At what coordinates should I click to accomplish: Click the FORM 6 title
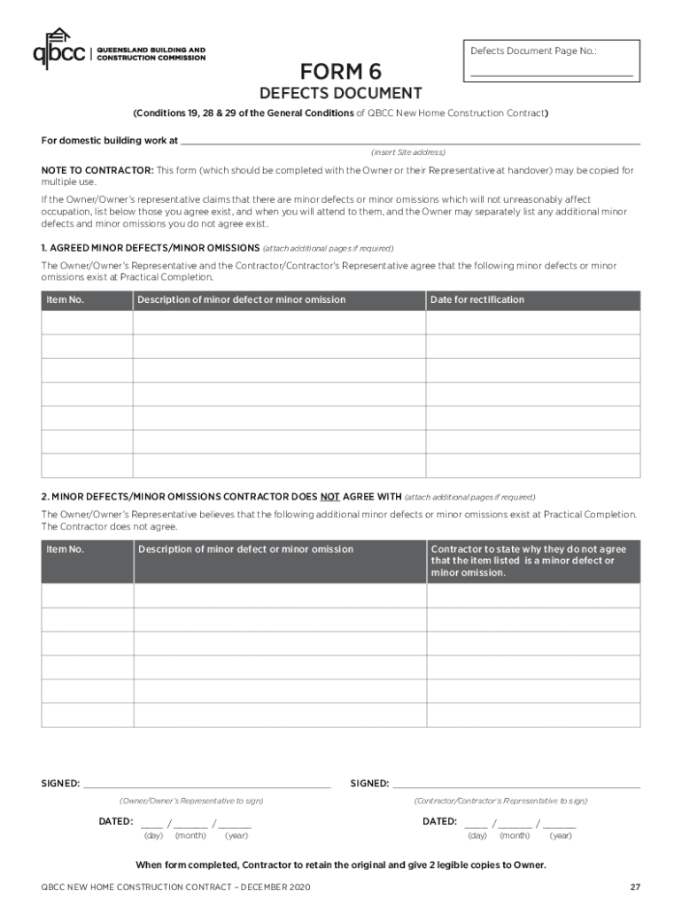(340, 71)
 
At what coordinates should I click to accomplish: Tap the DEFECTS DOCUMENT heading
(340, 94)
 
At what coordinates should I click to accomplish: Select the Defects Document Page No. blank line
(551, 75)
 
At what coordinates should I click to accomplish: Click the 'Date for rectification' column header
(477, 299)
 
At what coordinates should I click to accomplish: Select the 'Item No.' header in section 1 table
(65, 299)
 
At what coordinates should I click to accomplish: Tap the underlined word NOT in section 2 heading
(330, 497)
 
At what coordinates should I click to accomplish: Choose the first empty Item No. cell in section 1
(87, 322)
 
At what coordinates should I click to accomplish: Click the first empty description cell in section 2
(280, 595)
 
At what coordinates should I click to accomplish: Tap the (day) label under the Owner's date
(153, 835)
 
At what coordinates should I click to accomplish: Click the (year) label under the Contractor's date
(561, 835)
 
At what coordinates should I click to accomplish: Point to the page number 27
(635, 887)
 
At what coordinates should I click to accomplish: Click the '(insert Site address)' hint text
(408, 152)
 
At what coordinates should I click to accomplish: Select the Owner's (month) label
(190, 835)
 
